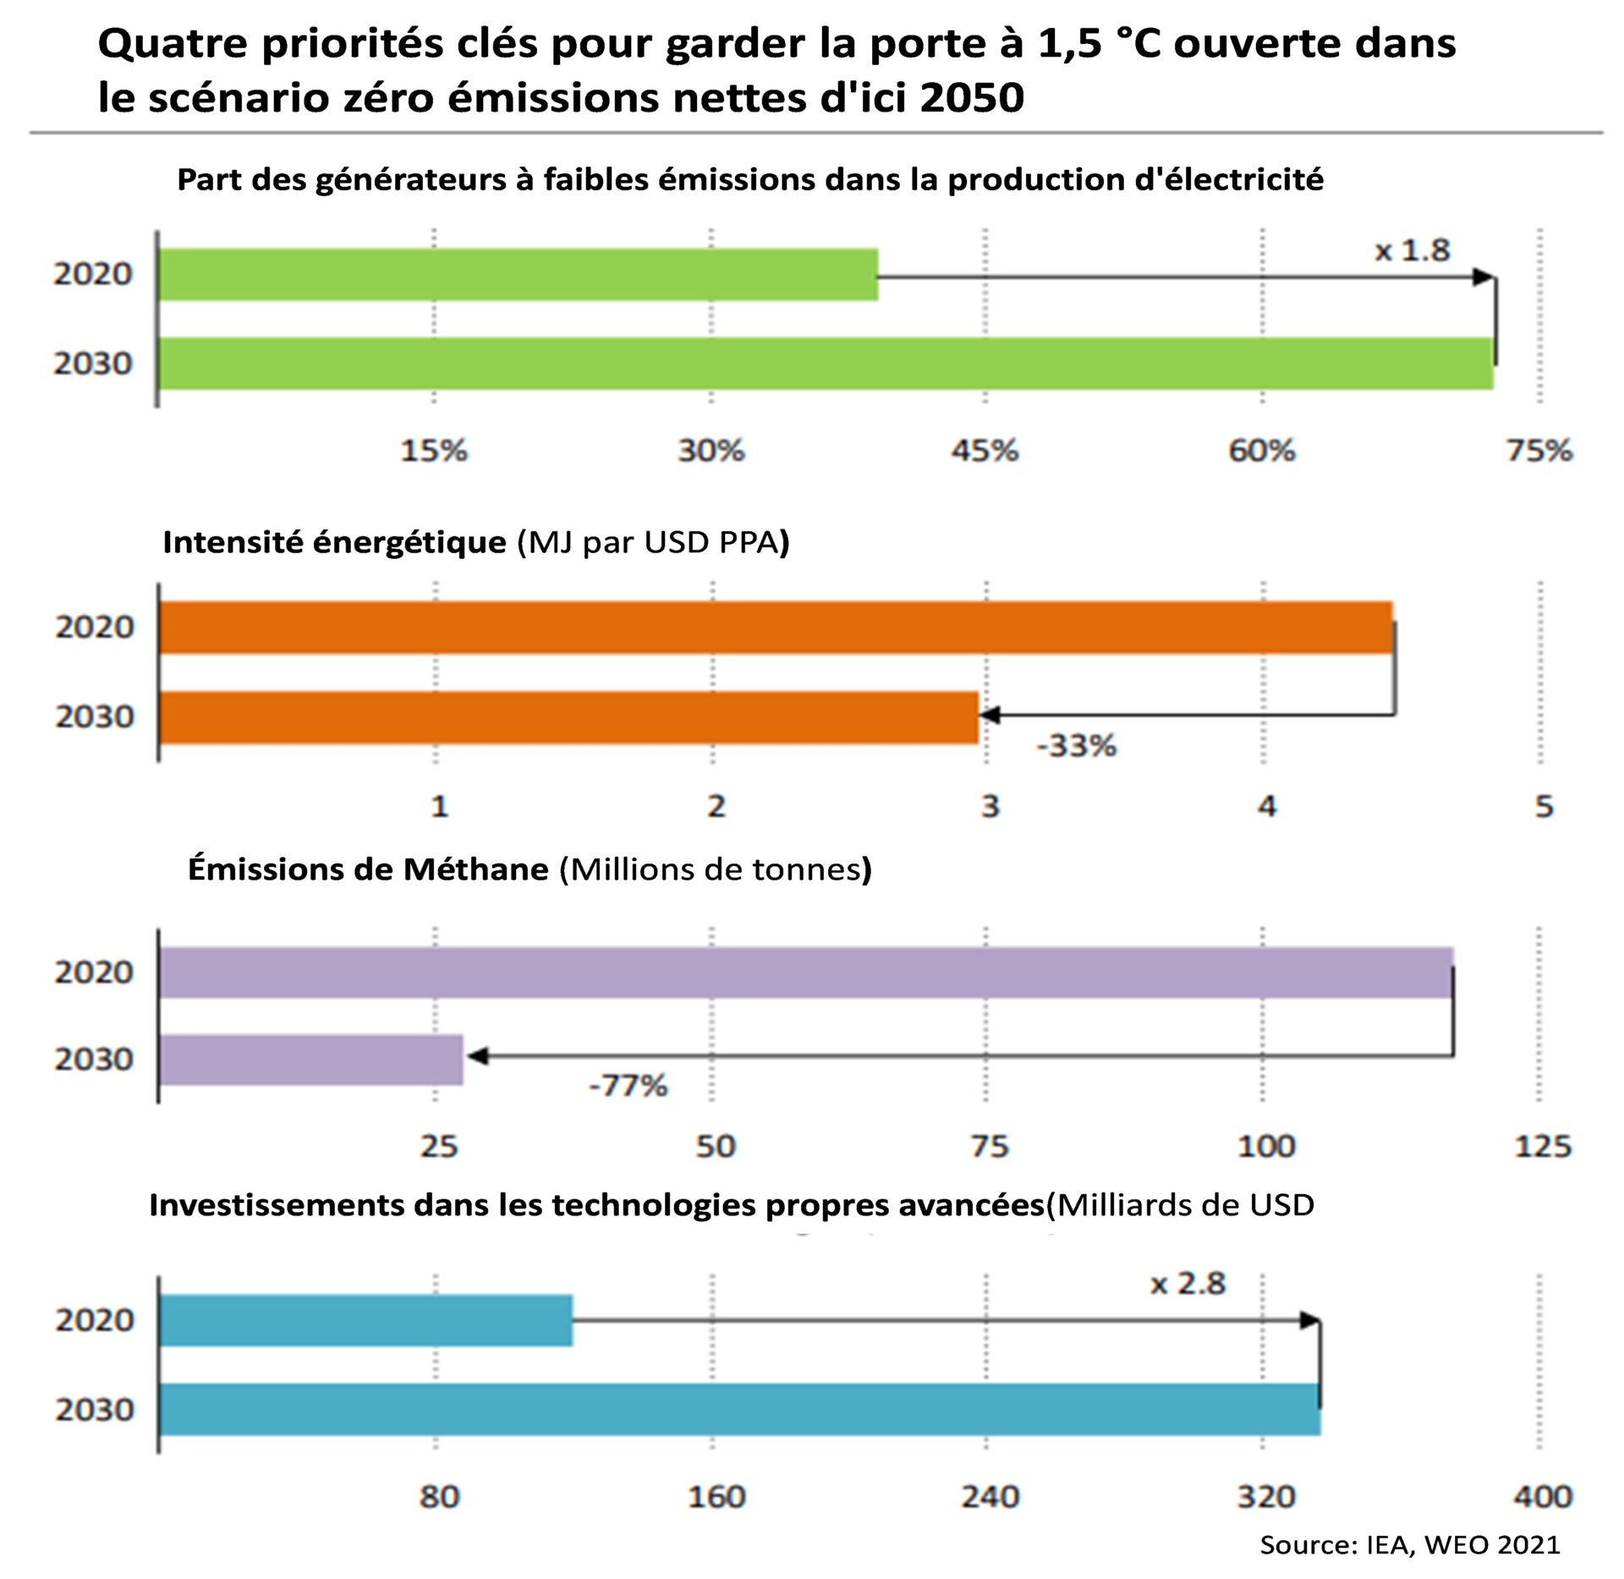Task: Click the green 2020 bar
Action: click(518, 274)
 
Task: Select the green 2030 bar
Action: click(825, 364)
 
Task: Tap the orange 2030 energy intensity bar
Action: click(568, 717)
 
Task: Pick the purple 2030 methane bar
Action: click(310, 1060)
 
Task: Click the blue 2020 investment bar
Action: click(365, 1320)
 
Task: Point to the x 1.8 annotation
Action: click(1412, 250)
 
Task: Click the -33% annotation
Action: click(1076, 746)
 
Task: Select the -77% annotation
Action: click(628, 1085)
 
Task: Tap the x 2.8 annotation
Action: click(1188, 1284)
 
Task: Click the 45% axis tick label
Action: click(985, 451)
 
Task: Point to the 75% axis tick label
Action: click(1539, 451)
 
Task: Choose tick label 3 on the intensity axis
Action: click(990, 806)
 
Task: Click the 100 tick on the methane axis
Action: click(1265, 1146)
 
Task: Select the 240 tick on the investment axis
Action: click(990, 1496)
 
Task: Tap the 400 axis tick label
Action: click(1542, 1496)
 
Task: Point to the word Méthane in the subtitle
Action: click(475, 869)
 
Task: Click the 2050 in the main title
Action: click(972, 97)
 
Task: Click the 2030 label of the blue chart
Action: click(95, 1410)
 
